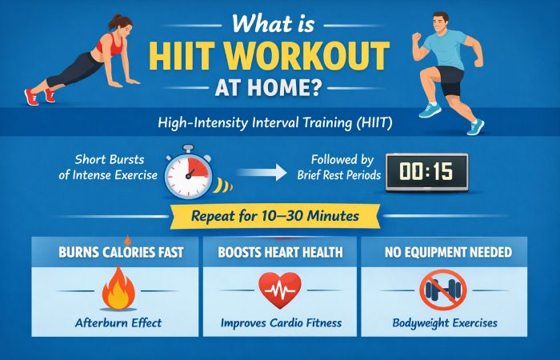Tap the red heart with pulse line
[279, 290]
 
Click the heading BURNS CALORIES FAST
[115, 252]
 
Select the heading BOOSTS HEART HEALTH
[279, 252]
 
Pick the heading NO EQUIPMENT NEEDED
[442, 252]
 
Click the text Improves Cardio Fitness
[279, 324]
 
